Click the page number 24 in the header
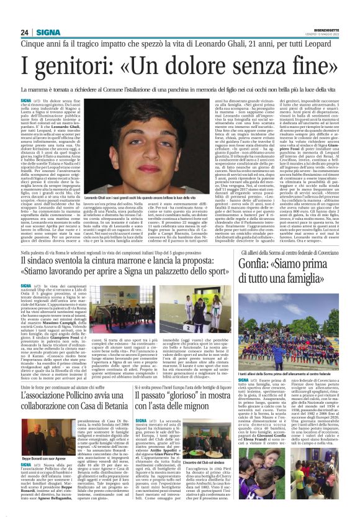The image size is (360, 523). point(25,32)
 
